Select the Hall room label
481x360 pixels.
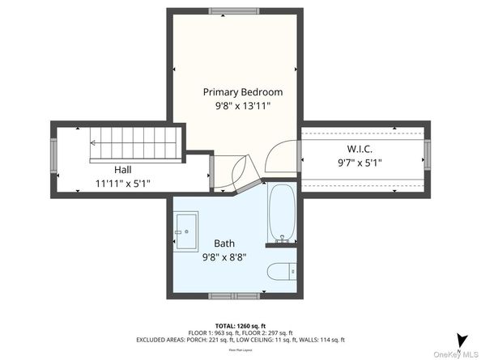(x=122, y=170)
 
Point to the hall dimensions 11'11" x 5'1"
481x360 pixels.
(x=122, y=184)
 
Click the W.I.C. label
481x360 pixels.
(x=360, y=148)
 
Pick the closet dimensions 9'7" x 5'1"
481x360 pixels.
(x=360, y=162)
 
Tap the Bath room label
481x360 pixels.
(x=224, y=243)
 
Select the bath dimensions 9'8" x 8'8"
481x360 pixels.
(x=224, y=256)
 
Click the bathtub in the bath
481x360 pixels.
(x=283, y=214)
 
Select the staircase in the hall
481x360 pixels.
(x=133, y=143)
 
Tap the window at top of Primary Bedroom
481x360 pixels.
(x=236, y=12)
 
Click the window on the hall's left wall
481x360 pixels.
(x=53, y=155)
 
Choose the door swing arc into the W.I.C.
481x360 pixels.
(x=281, y=155)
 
